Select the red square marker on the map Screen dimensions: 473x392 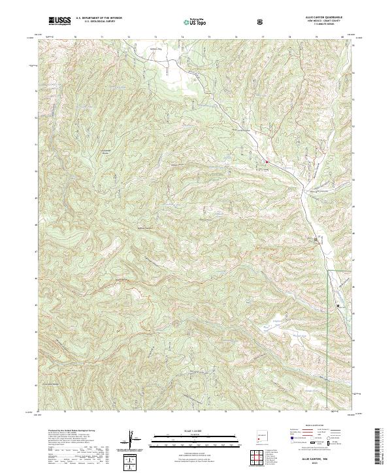(x=266, y=161)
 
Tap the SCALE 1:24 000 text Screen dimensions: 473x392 (x=195, y=430)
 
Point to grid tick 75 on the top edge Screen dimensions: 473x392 (x=209, y=38)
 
